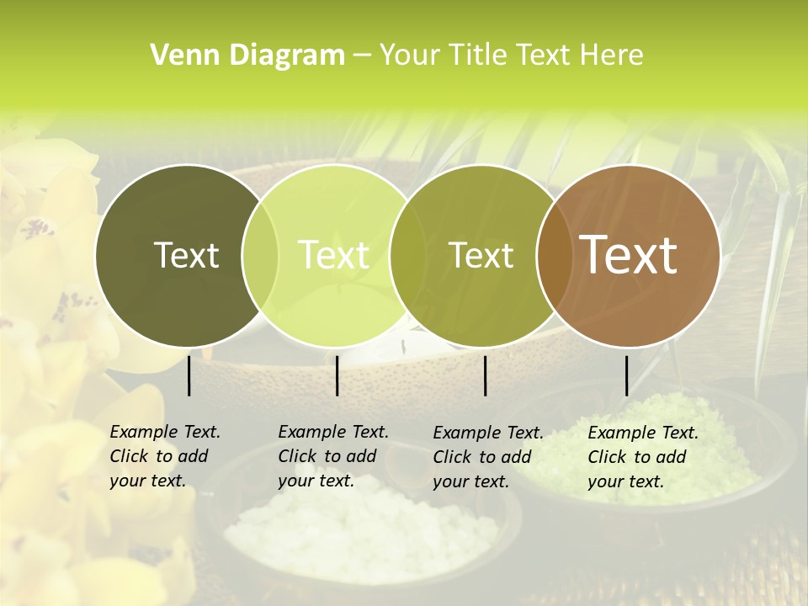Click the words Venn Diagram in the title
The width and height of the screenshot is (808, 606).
247,56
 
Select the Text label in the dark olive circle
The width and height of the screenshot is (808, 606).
186,256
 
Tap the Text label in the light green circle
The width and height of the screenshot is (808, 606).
334,256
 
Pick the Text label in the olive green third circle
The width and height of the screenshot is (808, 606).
481,256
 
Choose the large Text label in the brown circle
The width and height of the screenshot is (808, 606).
628,256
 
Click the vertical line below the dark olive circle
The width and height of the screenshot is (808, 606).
189,375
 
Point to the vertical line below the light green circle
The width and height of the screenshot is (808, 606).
337,375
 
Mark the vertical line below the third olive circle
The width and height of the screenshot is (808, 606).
486,375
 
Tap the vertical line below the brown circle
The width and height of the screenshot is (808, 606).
626,375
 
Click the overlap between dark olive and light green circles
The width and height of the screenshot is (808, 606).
260,256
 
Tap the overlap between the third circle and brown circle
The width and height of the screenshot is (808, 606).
554,256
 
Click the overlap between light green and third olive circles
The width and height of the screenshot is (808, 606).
407,256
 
